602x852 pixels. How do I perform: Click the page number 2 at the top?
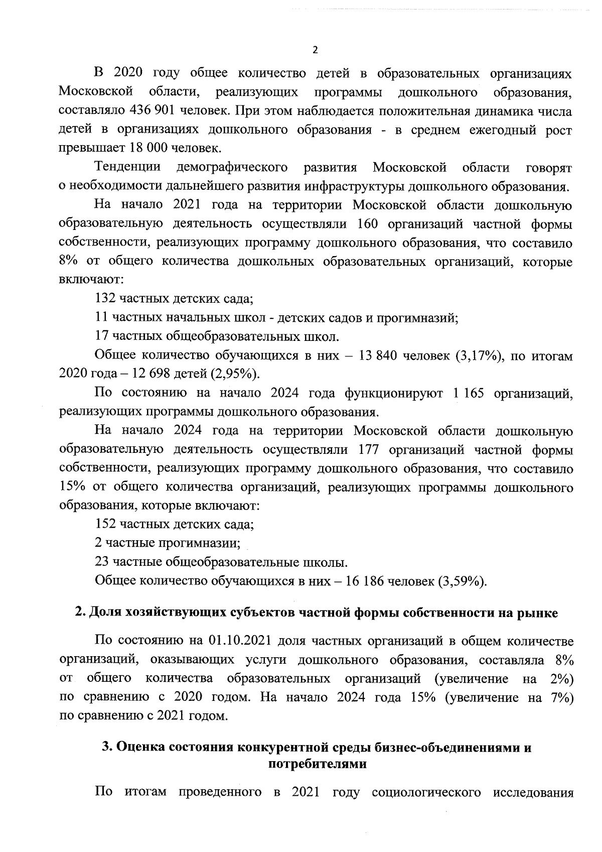click(x=315, y=50)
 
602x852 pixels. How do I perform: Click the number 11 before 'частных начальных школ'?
click(x=102, y=317)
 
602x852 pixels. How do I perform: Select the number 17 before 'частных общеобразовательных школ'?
click(x=102, y=336)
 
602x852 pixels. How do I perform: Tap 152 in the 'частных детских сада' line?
click(x=105, y=525)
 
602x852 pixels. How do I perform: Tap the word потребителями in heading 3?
click(x=317, y=765)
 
